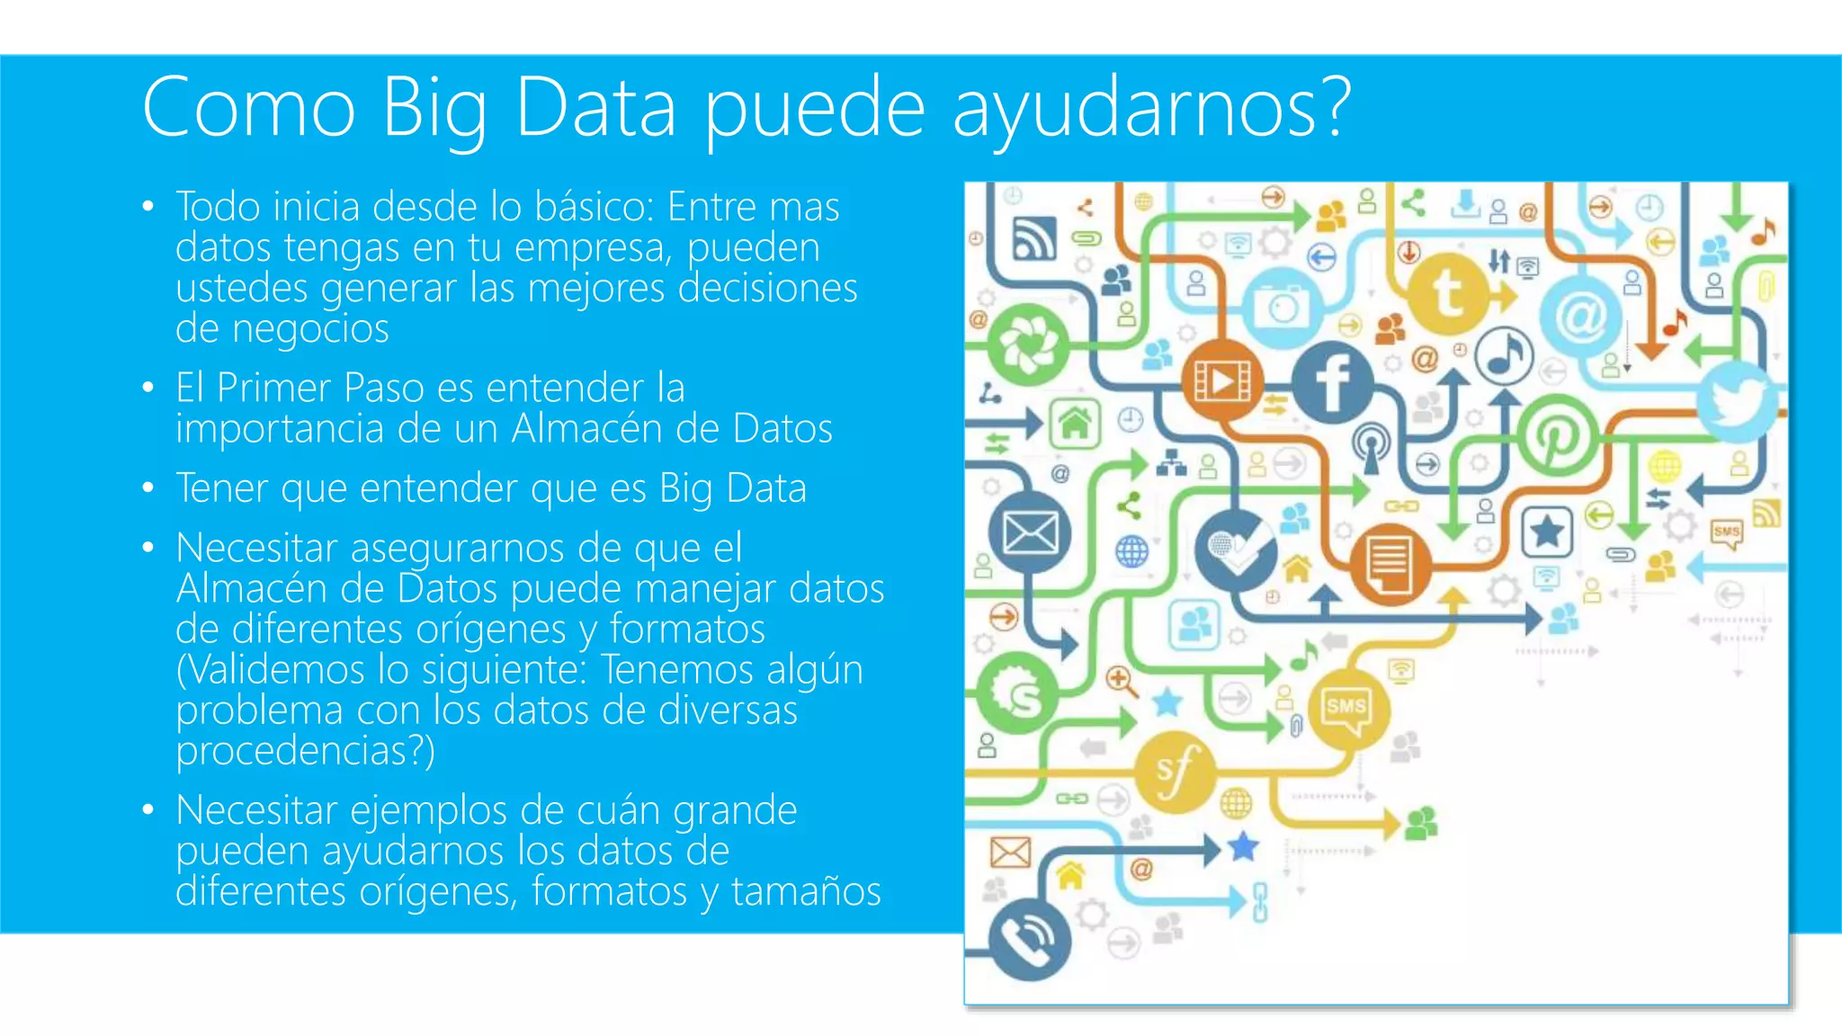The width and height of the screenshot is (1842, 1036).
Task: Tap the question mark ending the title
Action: tap(1334, 106)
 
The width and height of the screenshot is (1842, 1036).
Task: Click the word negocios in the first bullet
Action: tap(310, 329)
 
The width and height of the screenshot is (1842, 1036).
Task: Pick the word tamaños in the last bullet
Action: tap(806, 891)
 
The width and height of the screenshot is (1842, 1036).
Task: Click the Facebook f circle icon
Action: tap(1332, 382)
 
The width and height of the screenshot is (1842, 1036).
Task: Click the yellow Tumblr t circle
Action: tap(1447, 292)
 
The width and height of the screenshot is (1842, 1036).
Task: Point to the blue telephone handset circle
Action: tap(1030, 938)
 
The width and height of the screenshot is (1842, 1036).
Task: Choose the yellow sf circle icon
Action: tap(1175, 771)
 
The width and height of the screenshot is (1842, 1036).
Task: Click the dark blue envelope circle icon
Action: tap(1030, 533)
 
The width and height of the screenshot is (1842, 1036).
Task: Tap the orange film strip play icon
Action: tap(1221, 382)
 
